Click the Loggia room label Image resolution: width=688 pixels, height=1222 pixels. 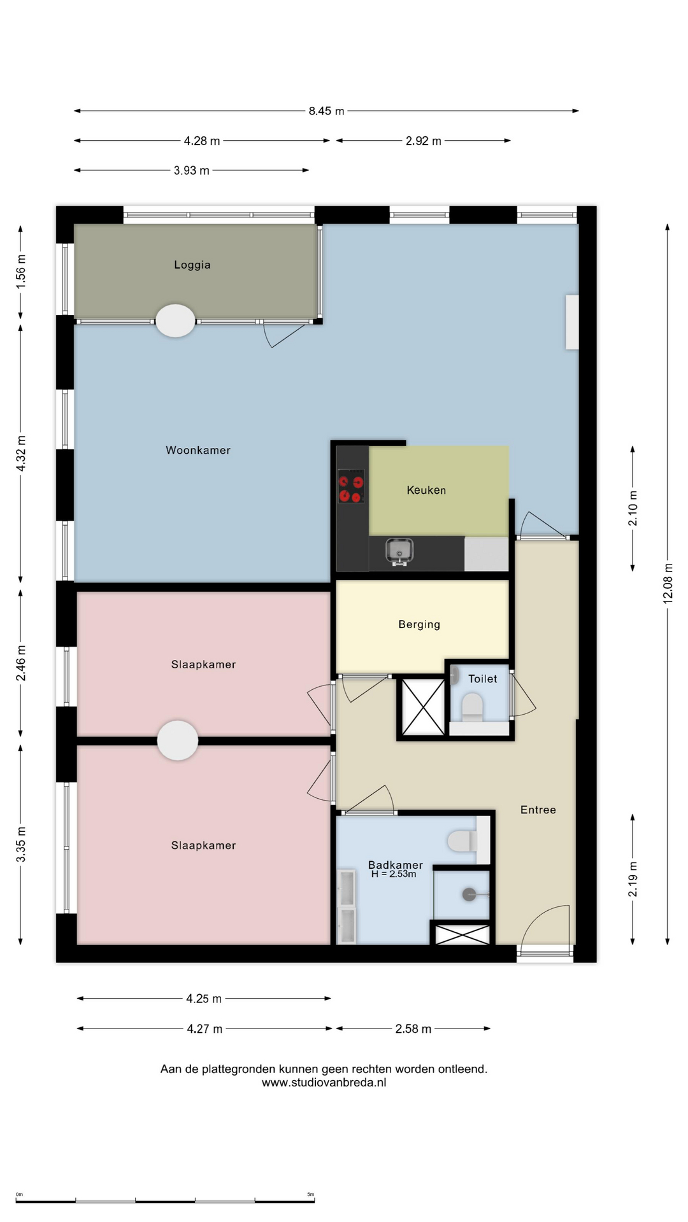192,265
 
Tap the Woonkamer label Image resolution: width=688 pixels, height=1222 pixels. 198,450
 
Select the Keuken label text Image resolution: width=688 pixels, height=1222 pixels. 426,490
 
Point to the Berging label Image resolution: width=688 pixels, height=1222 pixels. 419,624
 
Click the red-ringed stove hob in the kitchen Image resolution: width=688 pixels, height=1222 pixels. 351,486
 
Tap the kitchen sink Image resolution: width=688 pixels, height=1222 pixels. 399,551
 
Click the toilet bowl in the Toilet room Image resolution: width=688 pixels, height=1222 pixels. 472,707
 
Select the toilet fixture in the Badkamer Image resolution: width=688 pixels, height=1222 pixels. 462,841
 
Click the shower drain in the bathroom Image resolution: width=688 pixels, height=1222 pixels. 469,895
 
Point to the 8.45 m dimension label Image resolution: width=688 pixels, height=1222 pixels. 326,111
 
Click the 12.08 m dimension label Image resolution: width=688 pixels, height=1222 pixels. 668,583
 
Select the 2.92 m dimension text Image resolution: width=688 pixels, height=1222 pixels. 424,141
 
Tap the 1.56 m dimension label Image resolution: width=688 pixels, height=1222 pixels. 21,271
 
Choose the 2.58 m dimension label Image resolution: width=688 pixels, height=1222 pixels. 413,1029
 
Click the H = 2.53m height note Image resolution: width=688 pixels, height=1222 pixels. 394,874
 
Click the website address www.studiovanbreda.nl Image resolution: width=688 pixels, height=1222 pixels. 324,1082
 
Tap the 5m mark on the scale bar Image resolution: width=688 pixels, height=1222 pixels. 311,1194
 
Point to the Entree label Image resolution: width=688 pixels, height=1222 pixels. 538,810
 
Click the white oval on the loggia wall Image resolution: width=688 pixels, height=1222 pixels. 176,321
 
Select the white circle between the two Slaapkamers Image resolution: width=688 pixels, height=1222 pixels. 178,740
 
